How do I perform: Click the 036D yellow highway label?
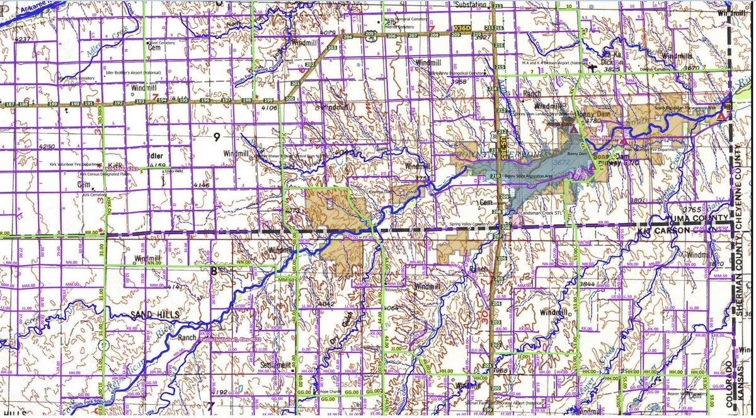coord(462,28)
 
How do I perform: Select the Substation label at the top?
coord(470,4)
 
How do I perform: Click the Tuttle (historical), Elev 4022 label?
coord(229,340)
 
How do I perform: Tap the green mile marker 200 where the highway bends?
coord(290,99)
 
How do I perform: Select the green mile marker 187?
coord(9,104)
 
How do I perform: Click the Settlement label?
coord(275,365)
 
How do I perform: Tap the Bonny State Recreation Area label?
coord(530,176)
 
